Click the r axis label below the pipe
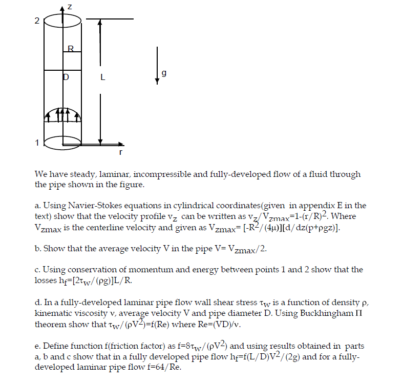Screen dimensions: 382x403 pos(120,152)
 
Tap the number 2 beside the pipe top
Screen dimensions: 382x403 pos(36,21)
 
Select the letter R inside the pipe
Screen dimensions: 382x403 pos(71,49)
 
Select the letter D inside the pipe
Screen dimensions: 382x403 pos(65,78)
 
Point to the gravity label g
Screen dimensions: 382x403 pos(164,74)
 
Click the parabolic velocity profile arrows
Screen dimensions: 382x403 pos(62,115)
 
